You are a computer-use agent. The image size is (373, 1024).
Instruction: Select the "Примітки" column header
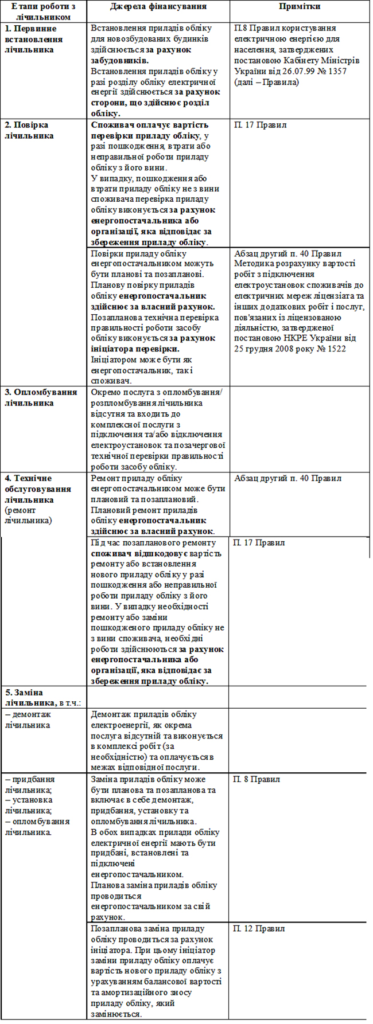[300, 7]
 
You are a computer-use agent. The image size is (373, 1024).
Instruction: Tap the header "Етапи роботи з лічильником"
[44, 11]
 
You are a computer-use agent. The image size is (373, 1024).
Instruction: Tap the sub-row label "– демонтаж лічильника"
[28, 720]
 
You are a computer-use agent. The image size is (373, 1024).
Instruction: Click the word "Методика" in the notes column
[253, 264]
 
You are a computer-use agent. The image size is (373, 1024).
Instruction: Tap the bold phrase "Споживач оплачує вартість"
[149, 125]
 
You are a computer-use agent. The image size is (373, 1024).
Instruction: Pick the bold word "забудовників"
[119, 60]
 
